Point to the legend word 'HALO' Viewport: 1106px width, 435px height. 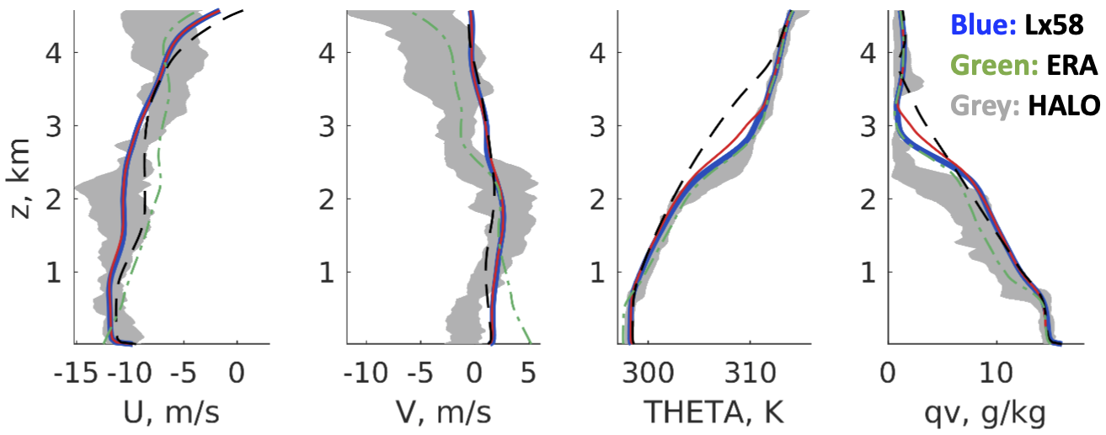1065,106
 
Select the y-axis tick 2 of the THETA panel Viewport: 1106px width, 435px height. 599,199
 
